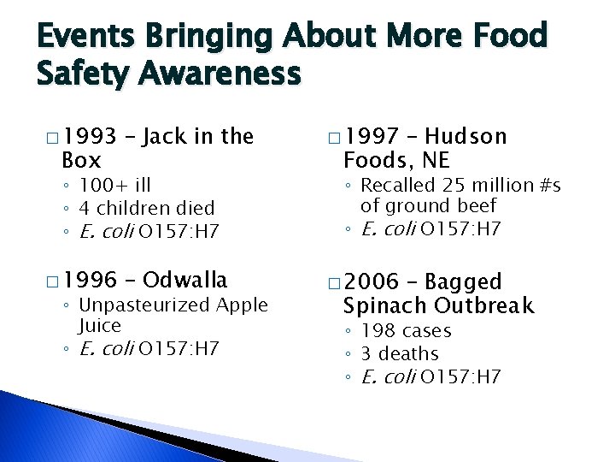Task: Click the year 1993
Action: [x=89, y=137]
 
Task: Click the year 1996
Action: [x=89, y=280]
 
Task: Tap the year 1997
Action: [x=370, y=137]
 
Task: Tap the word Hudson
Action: [x=466, y=137]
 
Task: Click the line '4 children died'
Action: [x=146, y=208]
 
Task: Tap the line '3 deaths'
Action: [x=399, y=353]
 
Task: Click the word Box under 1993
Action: [x=81, y=160]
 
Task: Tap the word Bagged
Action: [x=463, y=281]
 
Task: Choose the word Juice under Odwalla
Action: [x=100, y=326]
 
